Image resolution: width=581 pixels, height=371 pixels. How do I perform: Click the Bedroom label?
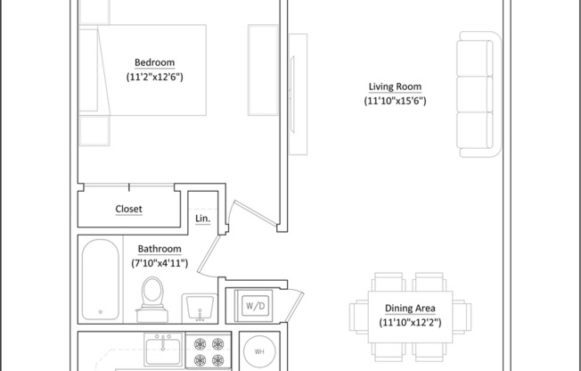click(154, 62)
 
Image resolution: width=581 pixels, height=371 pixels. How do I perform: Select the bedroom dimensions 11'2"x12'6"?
click(154, 78)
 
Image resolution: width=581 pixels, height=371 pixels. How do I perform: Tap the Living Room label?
click(395, 87)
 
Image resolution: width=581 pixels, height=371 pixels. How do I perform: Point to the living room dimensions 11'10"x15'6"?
click(395, 102)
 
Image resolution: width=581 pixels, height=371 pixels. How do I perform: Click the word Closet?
click(128, 210)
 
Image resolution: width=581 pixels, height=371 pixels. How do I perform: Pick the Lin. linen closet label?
click(201, 218)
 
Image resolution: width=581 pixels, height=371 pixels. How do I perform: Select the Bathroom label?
click(160, 249)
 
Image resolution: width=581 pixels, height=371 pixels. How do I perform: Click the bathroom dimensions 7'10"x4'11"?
click(160, 263)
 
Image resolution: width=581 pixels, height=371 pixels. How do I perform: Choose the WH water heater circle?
click(259, 350)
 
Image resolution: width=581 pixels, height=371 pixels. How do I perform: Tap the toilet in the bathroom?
click(152, 296)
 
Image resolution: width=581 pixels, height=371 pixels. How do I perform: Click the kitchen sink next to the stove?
click(164, 350)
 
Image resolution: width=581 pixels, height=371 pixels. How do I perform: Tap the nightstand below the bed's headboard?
click(93, 130)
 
